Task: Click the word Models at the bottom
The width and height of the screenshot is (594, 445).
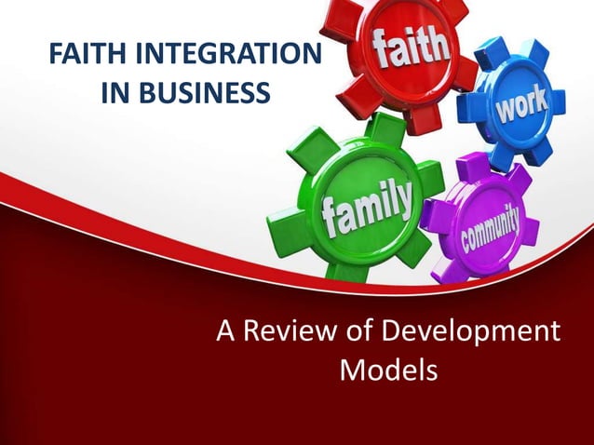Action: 388,371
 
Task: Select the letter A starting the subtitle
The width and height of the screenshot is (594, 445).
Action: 226,331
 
